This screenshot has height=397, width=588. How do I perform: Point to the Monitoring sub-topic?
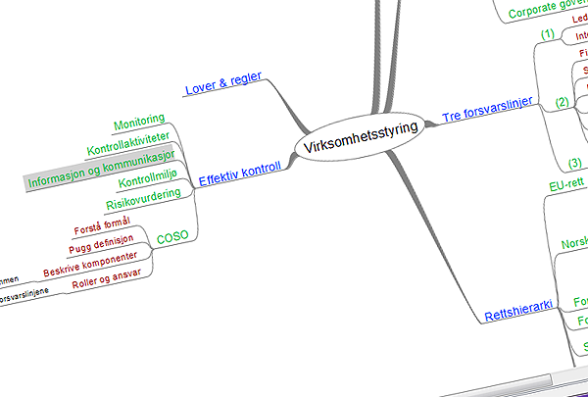pyautogui.click(x=138, y=124)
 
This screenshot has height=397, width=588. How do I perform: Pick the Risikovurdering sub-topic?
pyautogui.click(x=142, y=202)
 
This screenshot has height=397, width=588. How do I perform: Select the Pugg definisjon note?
pyautogui.click(x=100, y=246)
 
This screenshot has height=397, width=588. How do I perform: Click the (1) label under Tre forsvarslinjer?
pyautogui.click(x=548, y=34)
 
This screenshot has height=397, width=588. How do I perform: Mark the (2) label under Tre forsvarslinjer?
pyautogui.click(x=562, y=102)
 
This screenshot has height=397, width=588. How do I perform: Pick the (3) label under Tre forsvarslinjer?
pyautogui.click(x=575, y=163)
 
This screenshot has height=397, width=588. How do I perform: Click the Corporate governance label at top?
pyautogui.click(x=549, y=12)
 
